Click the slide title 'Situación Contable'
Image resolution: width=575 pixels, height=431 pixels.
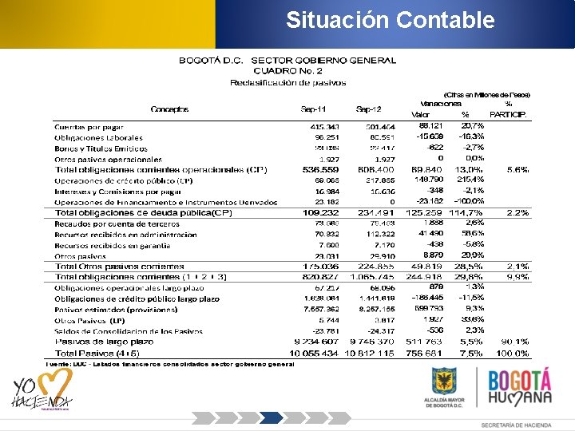[391, 19]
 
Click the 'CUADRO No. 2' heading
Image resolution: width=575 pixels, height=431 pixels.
[287, 71]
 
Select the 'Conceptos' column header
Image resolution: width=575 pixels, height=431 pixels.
[169, 109]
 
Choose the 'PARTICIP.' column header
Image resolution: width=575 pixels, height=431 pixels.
[508, 115]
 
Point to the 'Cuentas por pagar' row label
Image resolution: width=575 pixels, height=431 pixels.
[89, 127]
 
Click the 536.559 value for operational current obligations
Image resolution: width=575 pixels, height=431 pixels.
[321, 170]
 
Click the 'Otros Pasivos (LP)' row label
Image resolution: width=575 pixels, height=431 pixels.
[85, 320]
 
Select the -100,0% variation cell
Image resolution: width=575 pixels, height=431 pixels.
[469, 202]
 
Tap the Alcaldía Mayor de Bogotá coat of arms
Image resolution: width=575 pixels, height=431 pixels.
[444, 381]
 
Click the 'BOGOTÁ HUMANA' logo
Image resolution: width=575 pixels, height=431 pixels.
[519, 388]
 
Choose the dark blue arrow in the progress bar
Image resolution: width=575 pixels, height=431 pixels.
[272, 417]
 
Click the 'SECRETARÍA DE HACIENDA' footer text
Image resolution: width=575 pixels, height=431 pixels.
[515, 423]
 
